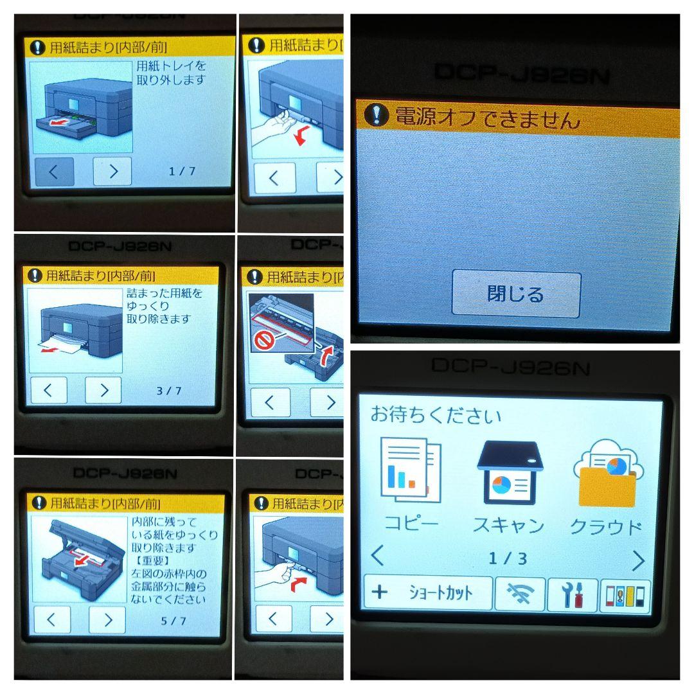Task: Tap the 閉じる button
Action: pyautogui.click(x=516, y=294)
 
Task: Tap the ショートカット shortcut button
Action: pyautogui.click(x=428, y=593)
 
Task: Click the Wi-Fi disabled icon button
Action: pyautogui.click(x=519, y=594)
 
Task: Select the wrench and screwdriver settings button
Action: pyautogui.click(x=572, y=594)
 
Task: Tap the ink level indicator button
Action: pyautogui.click(x=624, y=594)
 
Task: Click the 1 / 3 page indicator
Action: pyautogui.click(x=508, y=558)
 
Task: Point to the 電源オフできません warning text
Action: pyautogui.click(x=487, y=119)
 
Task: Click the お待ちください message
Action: pyautogui.click(x=435, y=415)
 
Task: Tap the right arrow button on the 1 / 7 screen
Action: pyautogui.click(x=112, y=172)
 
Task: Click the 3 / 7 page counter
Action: pyautogui.click(x=168, y=391)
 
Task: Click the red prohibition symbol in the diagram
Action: pyautogui.click(x=263, y=341)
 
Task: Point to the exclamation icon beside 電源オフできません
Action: pyautogui.click(x=376, y=116)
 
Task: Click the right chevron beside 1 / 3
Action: pyautogui.click(x=637, y=561)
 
